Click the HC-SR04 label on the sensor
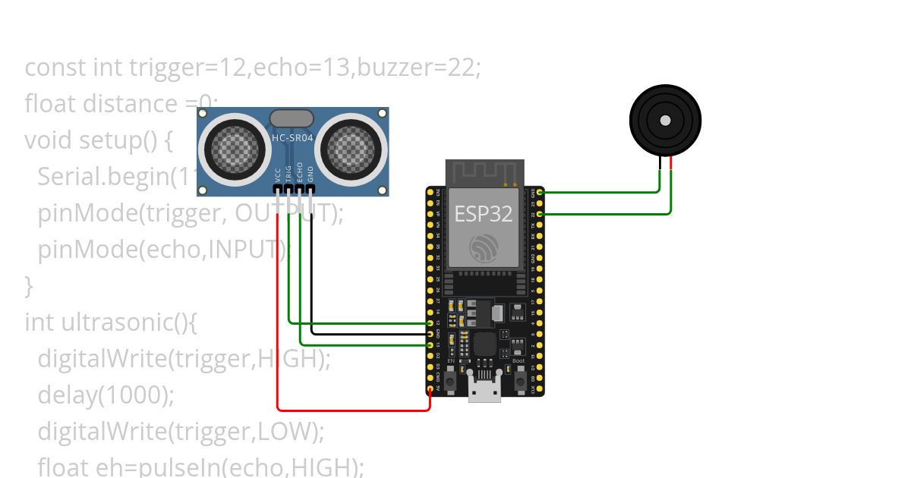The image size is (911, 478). coord(292,138)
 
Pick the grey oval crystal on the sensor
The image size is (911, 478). coord(291,118)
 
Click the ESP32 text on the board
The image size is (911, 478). coord(484,214)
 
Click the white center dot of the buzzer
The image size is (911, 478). coord(665,121)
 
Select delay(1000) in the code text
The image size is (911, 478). coord(106,395)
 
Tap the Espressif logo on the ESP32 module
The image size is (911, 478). coord(484,248)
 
